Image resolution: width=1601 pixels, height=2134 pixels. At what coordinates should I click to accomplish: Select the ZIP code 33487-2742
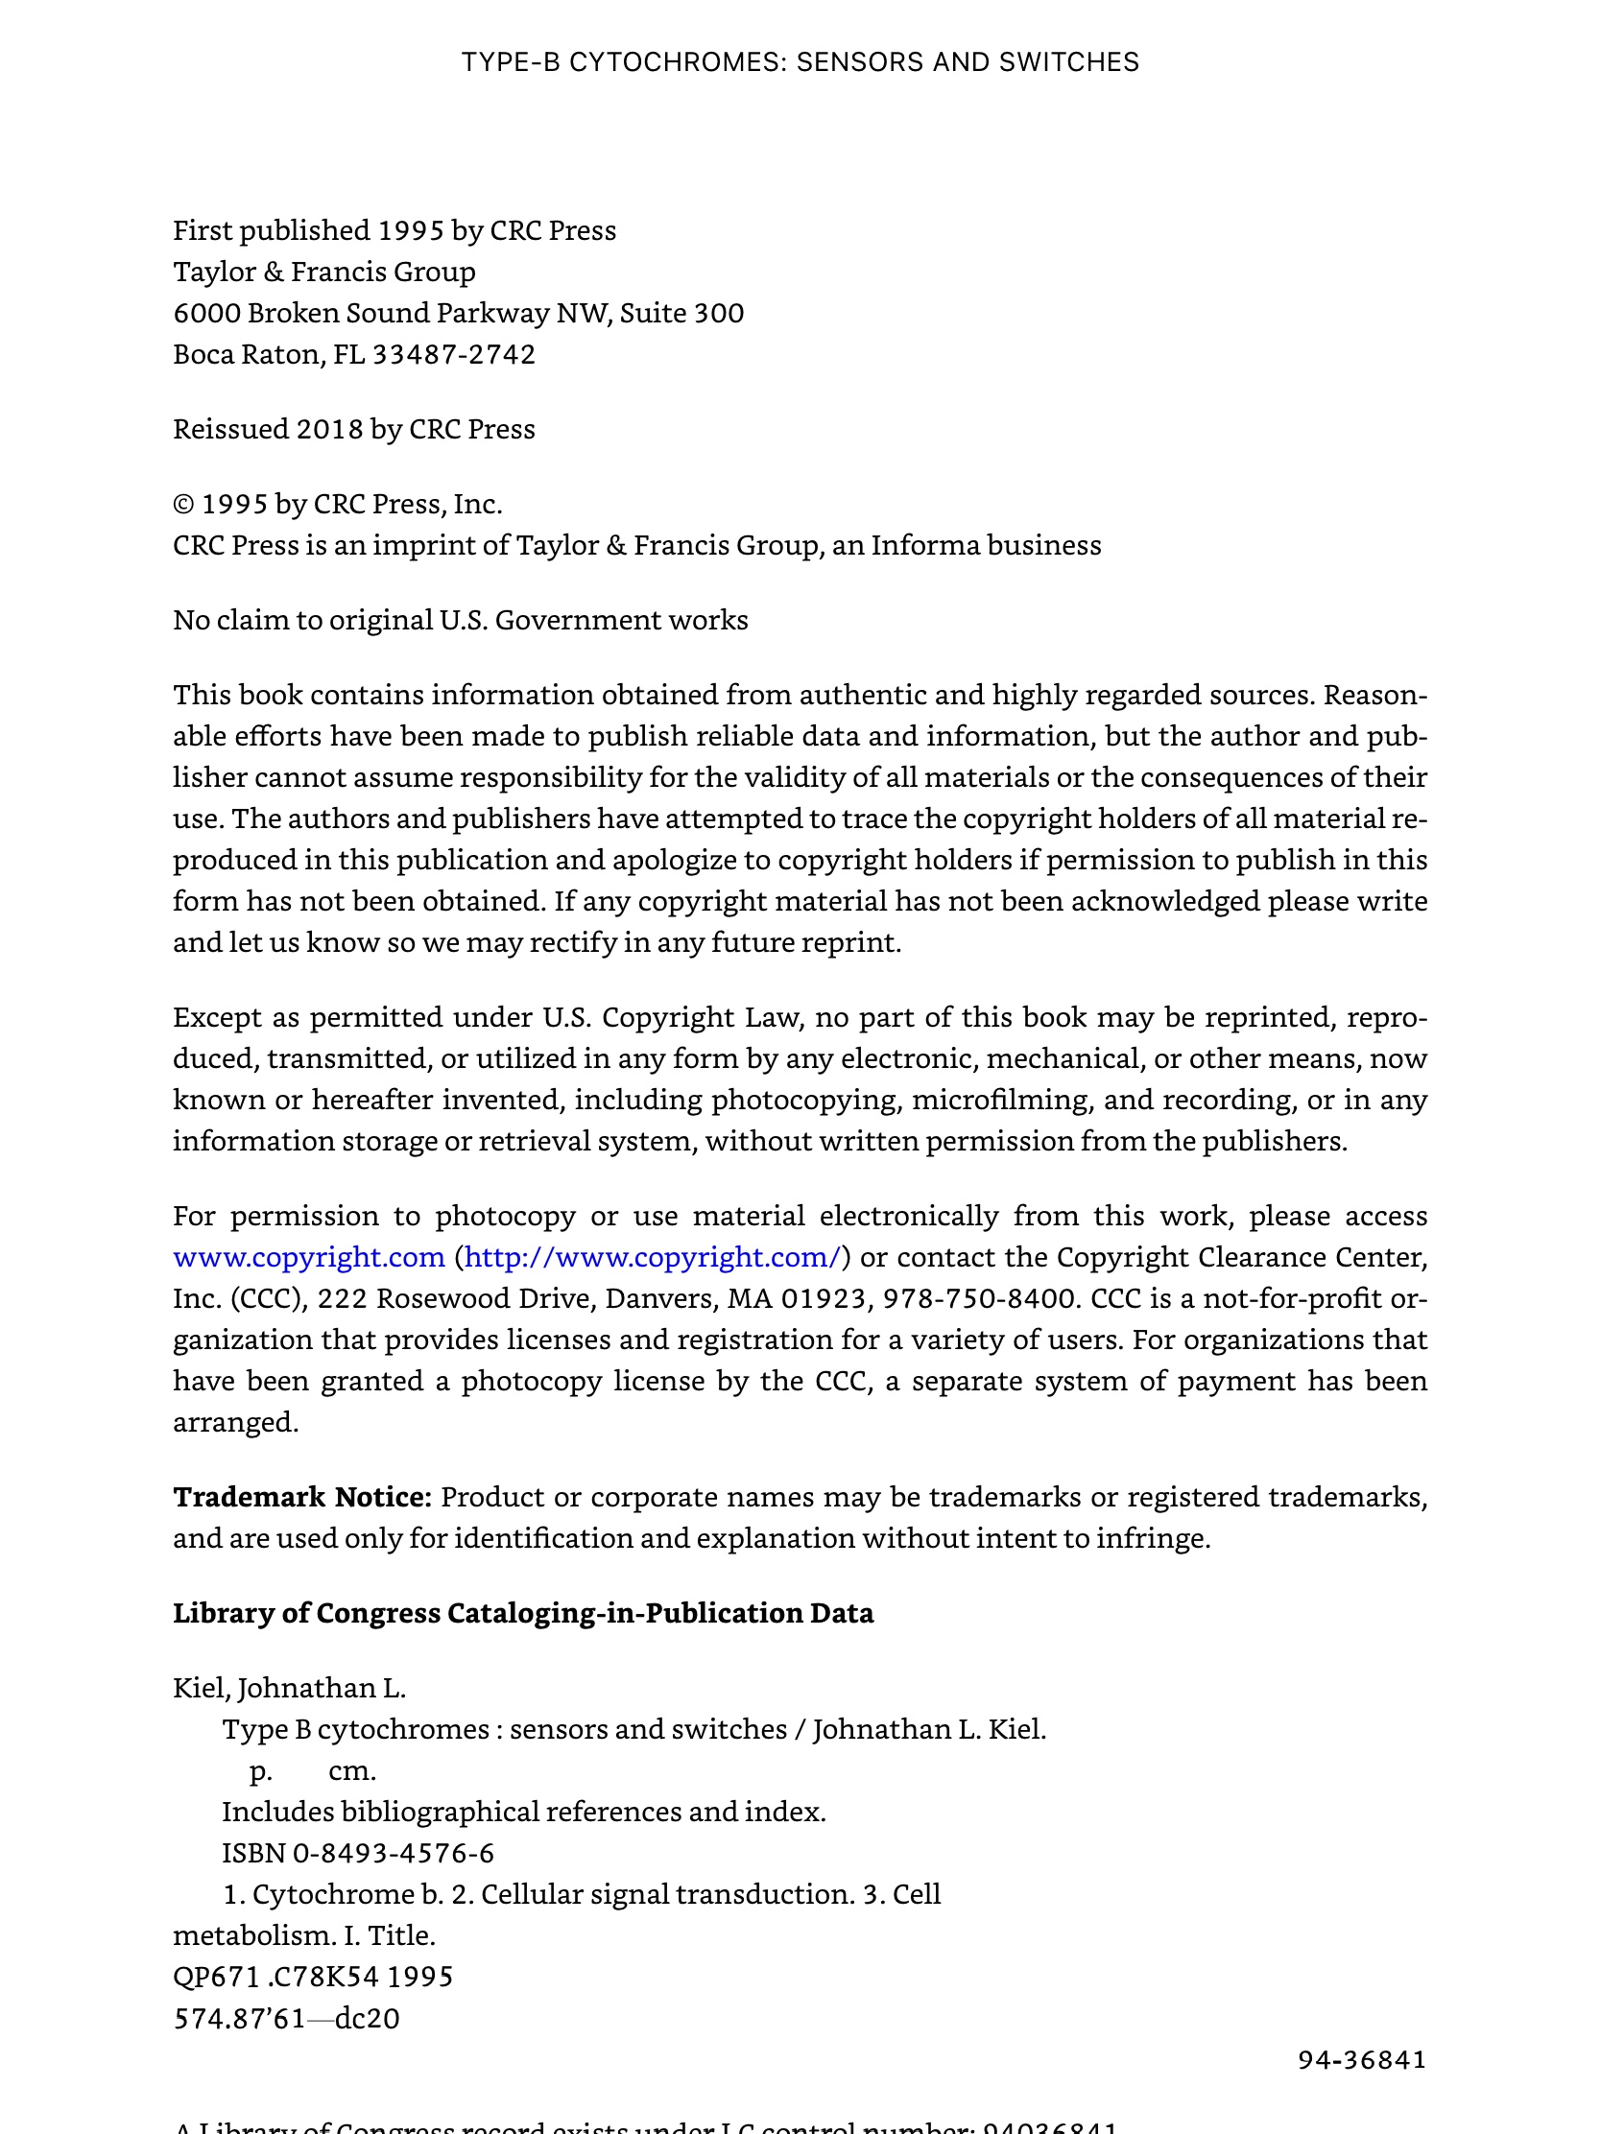coord(454,355)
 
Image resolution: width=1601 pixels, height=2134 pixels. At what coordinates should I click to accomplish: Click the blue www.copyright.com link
coord(309,1258)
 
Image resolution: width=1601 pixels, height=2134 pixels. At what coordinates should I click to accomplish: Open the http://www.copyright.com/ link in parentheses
coord(653,1258)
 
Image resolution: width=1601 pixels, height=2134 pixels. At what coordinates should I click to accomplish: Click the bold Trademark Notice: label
coord(302,1497)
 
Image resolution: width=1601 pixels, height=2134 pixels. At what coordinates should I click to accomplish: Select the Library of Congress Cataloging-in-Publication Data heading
coord(523,1613)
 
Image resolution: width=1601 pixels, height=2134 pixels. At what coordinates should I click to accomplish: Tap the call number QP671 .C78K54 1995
coord(313,1977)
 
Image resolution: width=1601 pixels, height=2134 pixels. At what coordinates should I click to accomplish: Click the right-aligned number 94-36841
coord(1362,2060)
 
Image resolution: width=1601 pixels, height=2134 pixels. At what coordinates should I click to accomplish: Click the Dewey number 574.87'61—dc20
coord(286,2018)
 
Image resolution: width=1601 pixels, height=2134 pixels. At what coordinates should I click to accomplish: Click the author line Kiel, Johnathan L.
coord(290,1688)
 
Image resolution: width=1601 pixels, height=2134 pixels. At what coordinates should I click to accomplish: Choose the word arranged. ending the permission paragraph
coord(235,1423)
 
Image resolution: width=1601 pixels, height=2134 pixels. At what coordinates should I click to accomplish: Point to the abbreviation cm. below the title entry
coord(352,1771)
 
